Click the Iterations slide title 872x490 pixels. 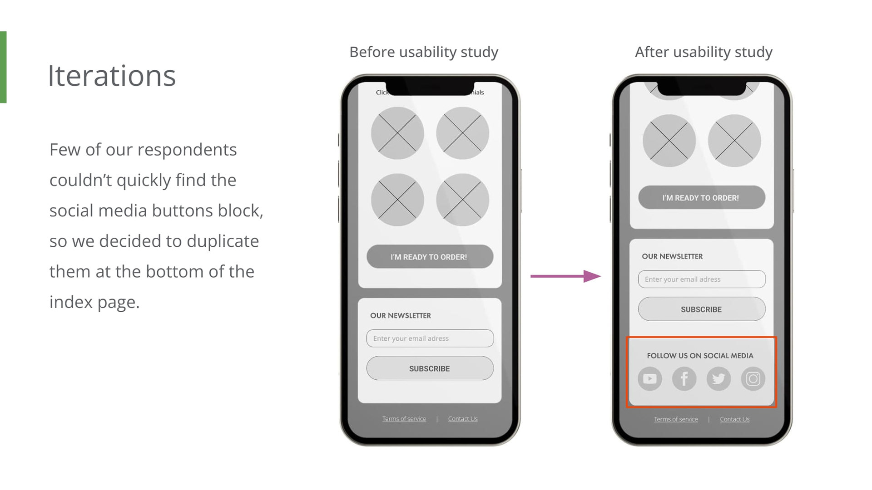point(112,76)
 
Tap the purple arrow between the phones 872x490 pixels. point(565,276)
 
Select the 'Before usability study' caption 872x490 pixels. point(423,52)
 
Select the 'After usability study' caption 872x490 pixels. point(703,52)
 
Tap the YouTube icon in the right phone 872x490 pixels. point(649,378)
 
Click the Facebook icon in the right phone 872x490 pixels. point(684,378)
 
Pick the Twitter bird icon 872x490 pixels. point(718,378)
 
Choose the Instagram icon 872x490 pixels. point(753,378)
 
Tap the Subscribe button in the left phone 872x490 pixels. point(430,368)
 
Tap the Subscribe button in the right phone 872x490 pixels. point(701,309)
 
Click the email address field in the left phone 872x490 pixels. point(430,338)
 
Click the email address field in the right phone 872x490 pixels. point(701,279)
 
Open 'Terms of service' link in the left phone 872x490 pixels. point(404,419)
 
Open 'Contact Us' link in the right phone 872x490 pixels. point(734,419)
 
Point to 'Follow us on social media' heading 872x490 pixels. point(700,356)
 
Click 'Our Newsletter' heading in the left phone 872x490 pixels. point(400,316)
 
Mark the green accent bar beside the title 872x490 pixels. point(3,67)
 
